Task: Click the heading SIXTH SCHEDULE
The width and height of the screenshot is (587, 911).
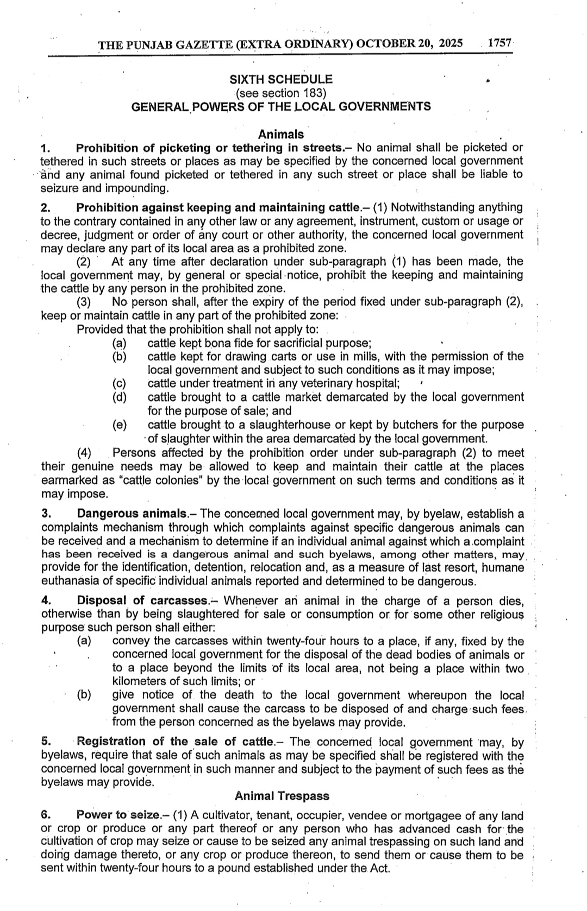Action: pyautogui.click(x=281, y=80)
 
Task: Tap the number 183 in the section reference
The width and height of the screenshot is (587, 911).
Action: pyautogui.click(x=310, y=93)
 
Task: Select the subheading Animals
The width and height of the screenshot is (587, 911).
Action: pyautogui.click(x=281, y=134)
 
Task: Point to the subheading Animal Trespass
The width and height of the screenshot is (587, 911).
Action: pyautogui.click(x=282, y=796)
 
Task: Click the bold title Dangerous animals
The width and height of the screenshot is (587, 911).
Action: pyautogui.click(x=132, y=514)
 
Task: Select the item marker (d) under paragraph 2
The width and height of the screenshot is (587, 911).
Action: pyautogui.click(x=119, y=397)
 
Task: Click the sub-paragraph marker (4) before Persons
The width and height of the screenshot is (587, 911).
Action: pyautogui.click(x=84, y=453)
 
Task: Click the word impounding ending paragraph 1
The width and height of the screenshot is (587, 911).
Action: pyautogui.click(x=138, y=188)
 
